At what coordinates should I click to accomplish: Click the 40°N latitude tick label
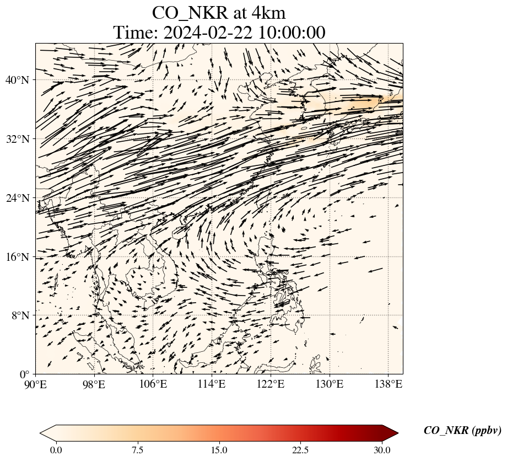[x=17, y=80]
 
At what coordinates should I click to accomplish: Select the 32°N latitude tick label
[x=17, y=139]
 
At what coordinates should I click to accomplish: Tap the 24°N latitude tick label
[x=17, y=198]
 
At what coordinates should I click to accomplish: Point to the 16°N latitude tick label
[x=17, y=257]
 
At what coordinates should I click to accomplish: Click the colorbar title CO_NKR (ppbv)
[x=462, y=431]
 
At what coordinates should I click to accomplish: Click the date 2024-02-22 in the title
[x=207, y=33]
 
